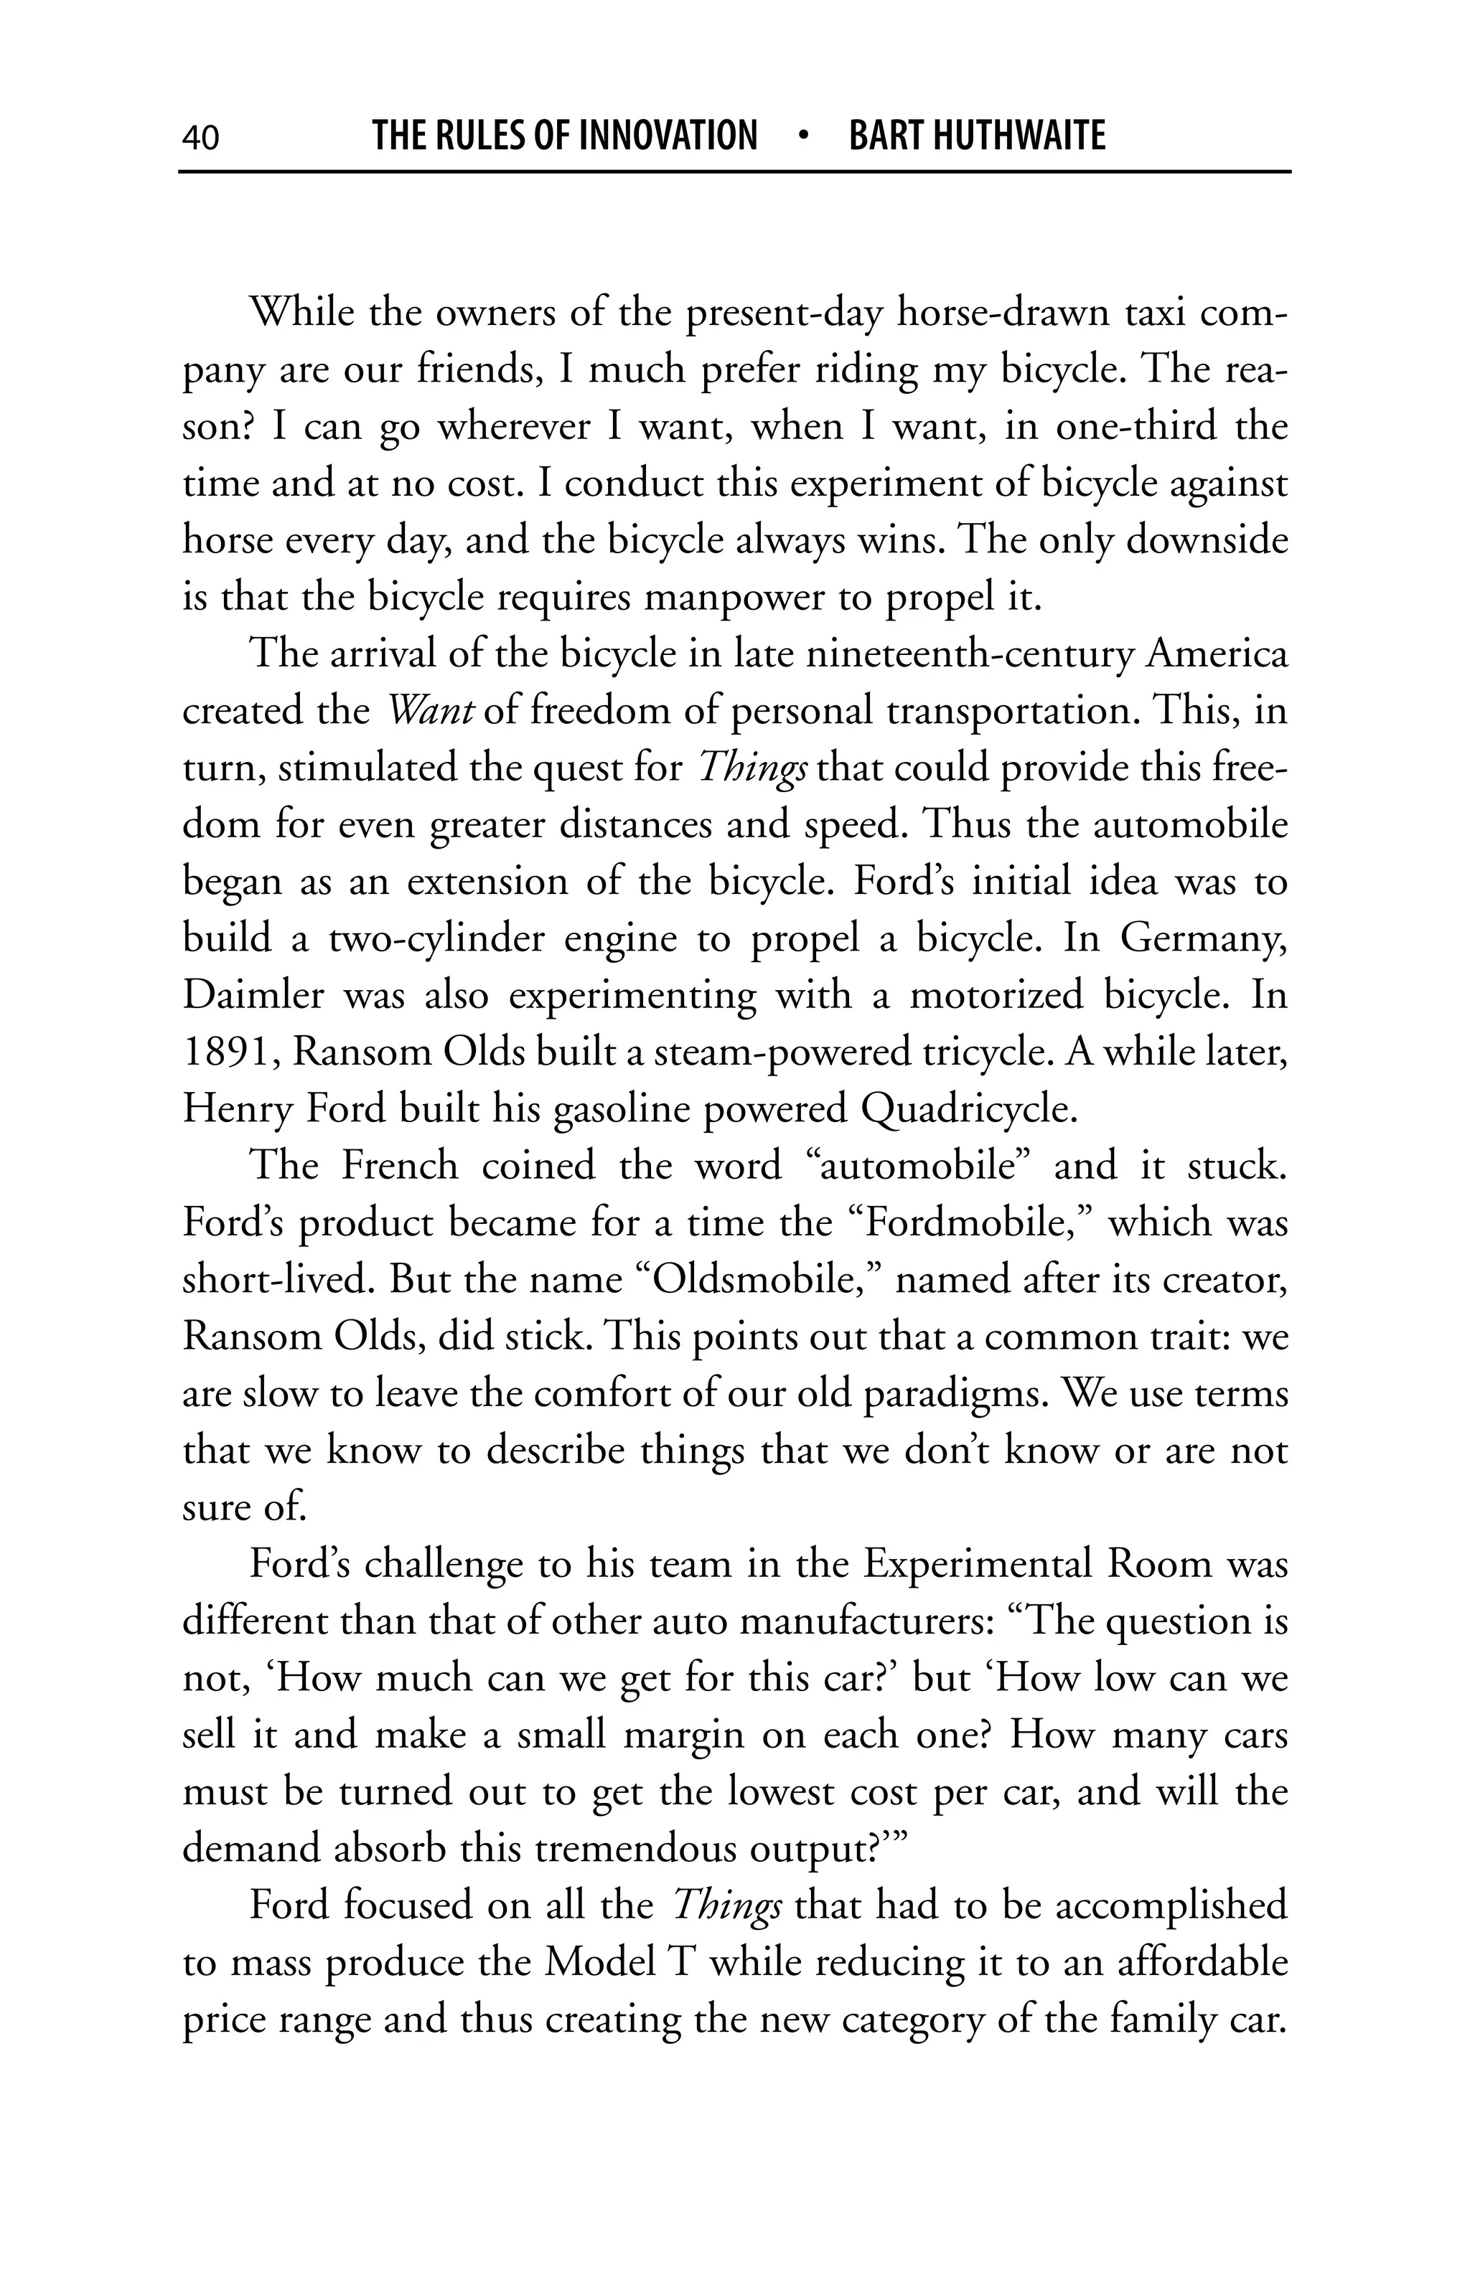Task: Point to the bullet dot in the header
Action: coord(803,136)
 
